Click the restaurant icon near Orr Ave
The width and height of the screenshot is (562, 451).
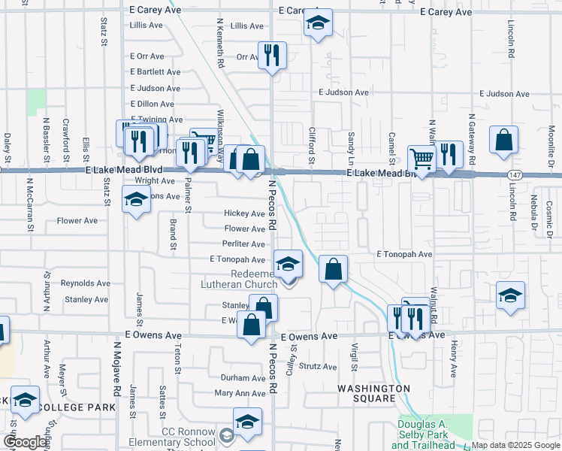[272, 55]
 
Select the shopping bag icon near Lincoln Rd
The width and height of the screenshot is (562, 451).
[503, 140]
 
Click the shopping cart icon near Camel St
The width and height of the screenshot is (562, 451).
[421, 159]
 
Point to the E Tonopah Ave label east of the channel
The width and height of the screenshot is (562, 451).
[404, 254]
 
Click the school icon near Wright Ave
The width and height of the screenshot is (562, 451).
[136, 201]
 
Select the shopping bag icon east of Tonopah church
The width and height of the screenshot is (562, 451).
[333, 268]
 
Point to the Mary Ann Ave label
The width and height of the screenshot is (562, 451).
[240, 393]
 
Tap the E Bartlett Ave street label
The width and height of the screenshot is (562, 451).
[155, 72]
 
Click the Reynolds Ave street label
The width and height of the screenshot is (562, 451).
[85, 283]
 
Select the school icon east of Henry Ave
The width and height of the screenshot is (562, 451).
[509, 295]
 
